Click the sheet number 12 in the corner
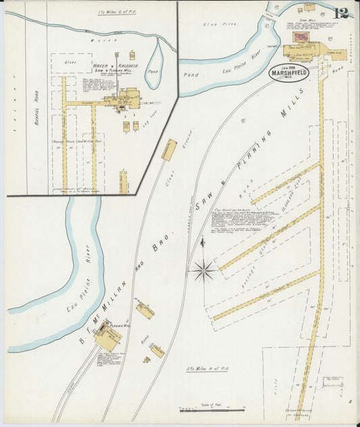click(x=341, y=13)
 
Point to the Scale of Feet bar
click(x=211, y=409)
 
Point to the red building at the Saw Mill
click(x=299, y=38)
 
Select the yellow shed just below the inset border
click(x=168, y=150)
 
